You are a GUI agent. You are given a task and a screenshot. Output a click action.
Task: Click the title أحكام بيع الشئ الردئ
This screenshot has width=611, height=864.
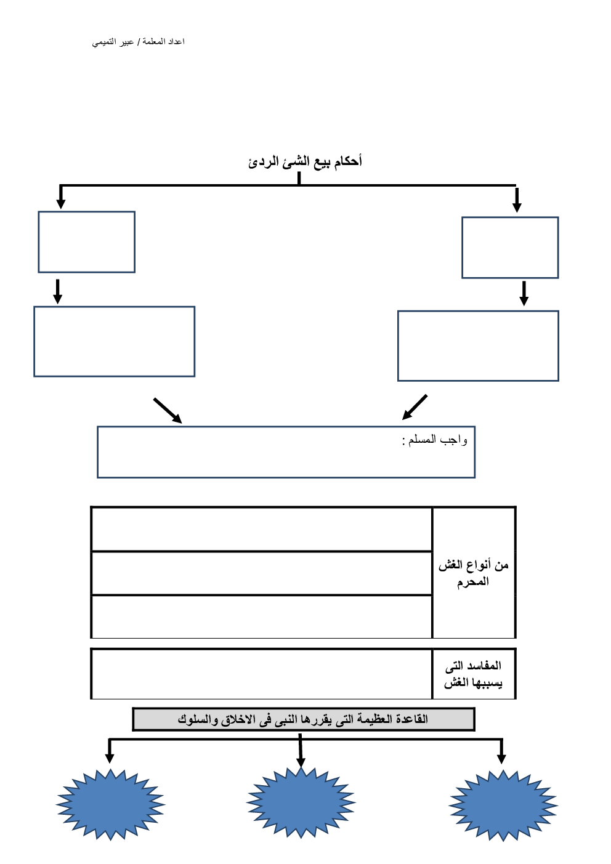pyautogui.click(x=305, y=161)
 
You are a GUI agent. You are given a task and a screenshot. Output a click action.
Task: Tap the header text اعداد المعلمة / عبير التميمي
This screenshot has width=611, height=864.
pyautogui.click(x=139, y=41)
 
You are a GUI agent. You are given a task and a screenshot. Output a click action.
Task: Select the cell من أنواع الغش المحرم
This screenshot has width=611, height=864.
pyautogui.click(x=473, y=573)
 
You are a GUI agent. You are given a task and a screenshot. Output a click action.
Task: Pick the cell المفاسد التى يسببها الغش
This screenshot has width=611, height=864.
pyautogui.click(x=473, y=674)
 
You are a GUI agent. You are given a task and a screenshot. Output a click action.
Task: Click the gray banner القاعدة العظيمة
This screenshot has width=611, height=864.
pyautogui.click(x=304, y=719)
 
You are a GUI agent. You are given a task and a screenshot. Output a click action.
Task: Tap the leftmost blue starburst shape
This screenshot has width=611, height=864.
pyautogui.click(x=111, y=804)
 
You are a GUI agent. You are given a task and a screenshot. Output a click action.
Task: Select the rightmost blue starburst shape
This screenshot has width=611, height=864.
pyautogui.click(x=503, y=805)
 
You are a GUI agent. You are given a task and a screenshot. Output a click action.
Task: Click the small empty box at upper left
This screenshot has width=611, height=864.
pyautogui.click(x=87, y=242)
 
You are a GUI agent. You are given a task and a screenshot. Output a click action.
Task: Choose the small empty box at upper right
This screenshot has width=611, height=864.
pyautogui.click(x=510, y=248)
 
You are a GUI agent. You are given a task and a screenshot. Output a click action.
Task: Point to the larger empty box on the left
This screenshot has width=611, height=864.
pyautogui.click(x=115, y=342)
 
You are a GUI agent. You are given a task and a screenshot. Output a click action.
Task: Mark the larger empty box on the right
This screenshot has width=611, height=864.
pyautogui.click(x=478, y=346)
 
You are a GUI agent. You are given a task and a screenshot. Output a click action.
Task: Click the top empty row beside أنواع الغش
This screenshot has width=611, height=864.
pyautogui.click(x=262, y=529)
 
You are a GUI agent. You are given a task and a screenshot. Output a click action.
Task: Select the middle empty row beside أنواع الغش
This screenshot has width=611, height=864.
pyautogui.click(x=262, y=573)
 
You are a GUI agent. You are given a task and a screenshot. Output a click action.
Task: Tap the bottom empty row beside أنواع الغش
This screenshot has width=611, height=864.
pyautogui.click(x=262, y=616)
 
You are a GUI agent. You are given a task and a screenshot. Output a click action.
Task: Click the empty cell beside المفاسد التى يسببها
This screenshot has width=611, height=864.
pyautogui.click(x=262, y=674)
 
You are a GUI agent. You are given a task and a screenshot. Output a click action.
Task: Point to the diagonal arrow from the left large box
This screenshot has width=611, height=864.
pyautogui.click(x=168, y=410)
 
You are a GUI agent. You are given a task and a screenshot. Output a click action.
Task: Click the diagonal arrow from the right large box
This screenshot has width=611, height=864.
pyautogui.click(x=415, y=407)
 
